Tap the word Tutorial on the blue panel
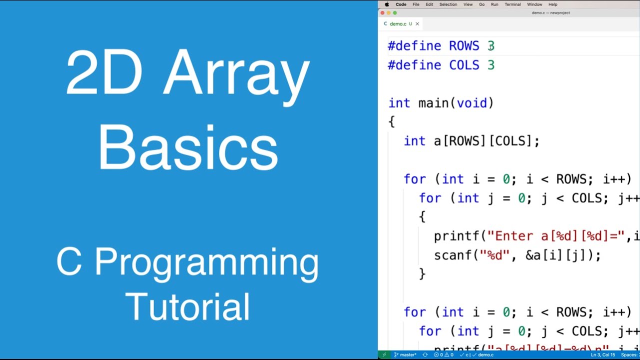(187, 306)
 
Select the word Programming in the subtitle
(206, 263)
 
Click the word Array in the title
(236, 72)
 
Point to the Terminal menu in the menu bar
(512, 4)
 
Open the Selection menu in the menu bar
(448, 4)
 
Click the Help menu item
(552, 4)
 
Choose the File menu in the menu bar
(415, 4)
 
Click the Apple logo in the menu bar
(386, 4)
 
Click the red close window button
(382, 13)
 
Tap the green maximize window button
(394, 13)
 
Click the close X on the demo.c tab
(417, 24)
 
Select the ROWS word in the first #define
(464, 46)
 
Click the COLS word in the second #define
(464, 65)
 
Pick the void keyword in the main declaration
(471, 103)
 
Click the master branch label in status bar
(408, 355)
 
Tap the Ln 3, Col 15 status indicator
(603, 355)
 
